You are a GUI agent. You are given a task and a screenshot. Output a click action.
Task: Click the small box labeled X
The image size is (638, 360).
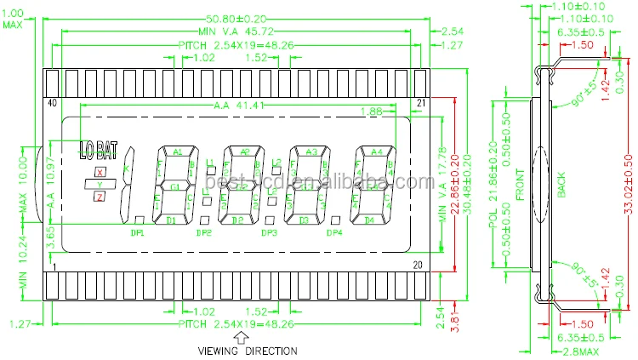[100, 173]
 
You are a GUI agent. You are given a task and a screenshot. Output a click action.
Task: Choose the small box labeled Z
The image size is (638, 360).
[100, 197]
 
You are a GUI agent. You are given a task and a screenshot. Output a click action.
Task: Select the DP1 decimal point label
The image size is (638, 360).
[137, 232]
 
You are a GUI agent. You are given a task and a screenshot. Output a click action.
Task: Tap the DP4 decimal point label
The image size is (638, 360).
[334, 232]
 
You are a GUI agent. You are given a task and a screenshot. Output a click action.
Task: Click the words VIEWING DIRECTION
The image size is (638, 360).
[248, 351]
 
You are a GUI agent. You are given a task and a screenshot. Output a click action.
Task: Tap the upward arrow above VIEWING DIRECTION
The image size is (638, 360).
[240, 336]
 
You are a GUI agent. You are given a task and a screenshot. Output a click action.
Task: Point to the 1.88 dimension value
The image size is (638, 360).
[371, 111]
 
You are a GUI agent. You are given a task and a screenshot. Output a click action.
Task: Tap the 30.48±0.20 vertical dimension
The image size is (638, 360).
[468, 191]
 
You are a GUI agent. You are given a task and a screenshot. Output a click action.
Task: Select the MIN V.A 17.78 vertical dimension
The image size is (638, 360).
[441, 186]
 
